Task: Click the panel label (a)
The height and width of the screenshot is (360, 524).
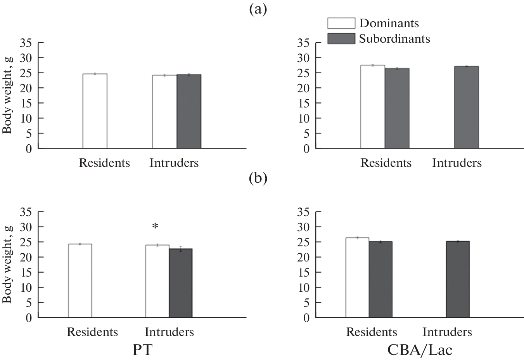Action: (x=258, y=9)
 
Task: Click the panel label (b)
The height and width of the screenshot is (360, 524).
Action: (x=258, y=179)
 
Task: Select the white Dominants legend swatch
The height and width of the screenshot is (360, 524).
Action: (x=341, y=23)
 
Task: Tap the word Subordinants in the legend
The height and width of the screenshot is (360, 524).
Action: (x=394, y=39)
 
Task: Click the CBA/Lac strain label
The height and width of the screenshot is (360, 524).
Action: (x=420, y=350)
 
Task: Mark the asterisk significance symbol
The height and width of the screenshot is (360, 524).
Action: (x=155, y=227)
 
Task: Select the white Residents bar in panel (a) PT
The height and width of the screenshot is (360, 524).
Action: (x=95, y=111)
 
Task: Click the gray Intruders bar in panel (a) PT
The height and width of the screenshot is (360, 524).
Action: (x=189, y=111)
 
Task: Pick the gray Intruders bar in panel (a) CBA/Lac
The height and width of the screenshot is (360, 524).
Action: (x=466, y=107)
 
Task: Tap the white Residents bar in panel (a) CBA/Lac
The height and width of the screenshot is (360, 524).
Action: (x=372, y=107)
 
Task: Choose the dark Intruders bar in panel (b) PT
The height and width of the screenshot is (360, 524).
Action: (x=181, y=283)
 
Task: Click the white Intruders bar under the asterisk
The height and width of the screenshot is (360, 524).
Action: (x=157, y=281)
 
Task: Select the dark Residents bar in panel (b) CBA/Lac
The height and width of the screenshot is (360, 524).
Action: (x=380, y=279)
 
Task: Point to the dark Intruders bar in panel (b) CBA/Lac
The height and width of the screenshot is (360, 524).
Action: (x=458, y=279)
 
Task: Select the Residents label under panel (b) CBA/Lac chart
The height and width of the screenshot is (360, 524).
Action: (x=372, y=332)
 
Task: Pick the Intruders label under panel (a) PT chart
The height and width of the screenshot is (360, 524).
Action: (x=174, y=163)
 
